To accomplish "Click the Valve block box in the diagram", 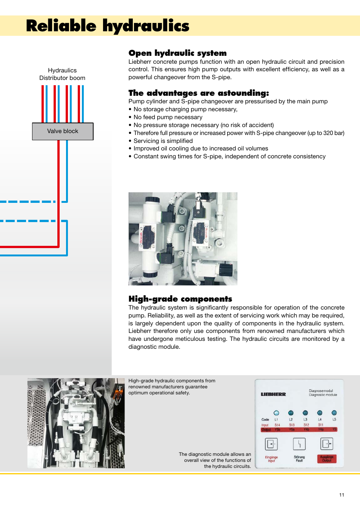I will coord(63,131).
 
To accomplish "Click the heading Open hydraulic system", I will coord(177,53).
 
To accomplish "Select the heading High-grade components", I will coord(180,299).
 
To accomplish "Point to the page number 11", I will coord(342,495).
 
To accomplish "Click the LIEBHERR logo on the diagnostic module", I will coord(273,394).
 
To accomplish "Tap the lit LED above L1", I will coord(276,413).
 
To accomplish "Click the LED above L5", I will coord(334,413).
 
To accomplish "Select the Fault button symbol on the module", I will coord(299,444).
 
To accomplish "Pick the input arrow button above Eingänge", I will coord(271,444).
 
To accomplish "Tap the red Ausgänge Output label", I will coord(327,458).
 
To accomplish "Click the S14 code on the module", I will coord(277,425).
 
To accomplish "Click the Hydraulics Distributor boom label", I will coord(62,74).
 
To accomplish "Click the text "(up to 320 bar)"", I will coord(326,133).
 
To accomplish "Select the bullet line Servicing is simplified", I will coord(163,141).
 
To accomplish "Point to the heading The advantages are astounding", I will coord(198,93).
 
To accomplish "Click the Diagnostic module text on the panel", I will coord(323,395).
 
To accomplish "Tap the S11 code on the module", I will coord(321,425).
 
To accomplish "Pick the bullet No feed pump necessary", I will coord(168,117).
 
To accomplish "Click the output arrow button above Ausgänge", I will coord(327,444).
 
